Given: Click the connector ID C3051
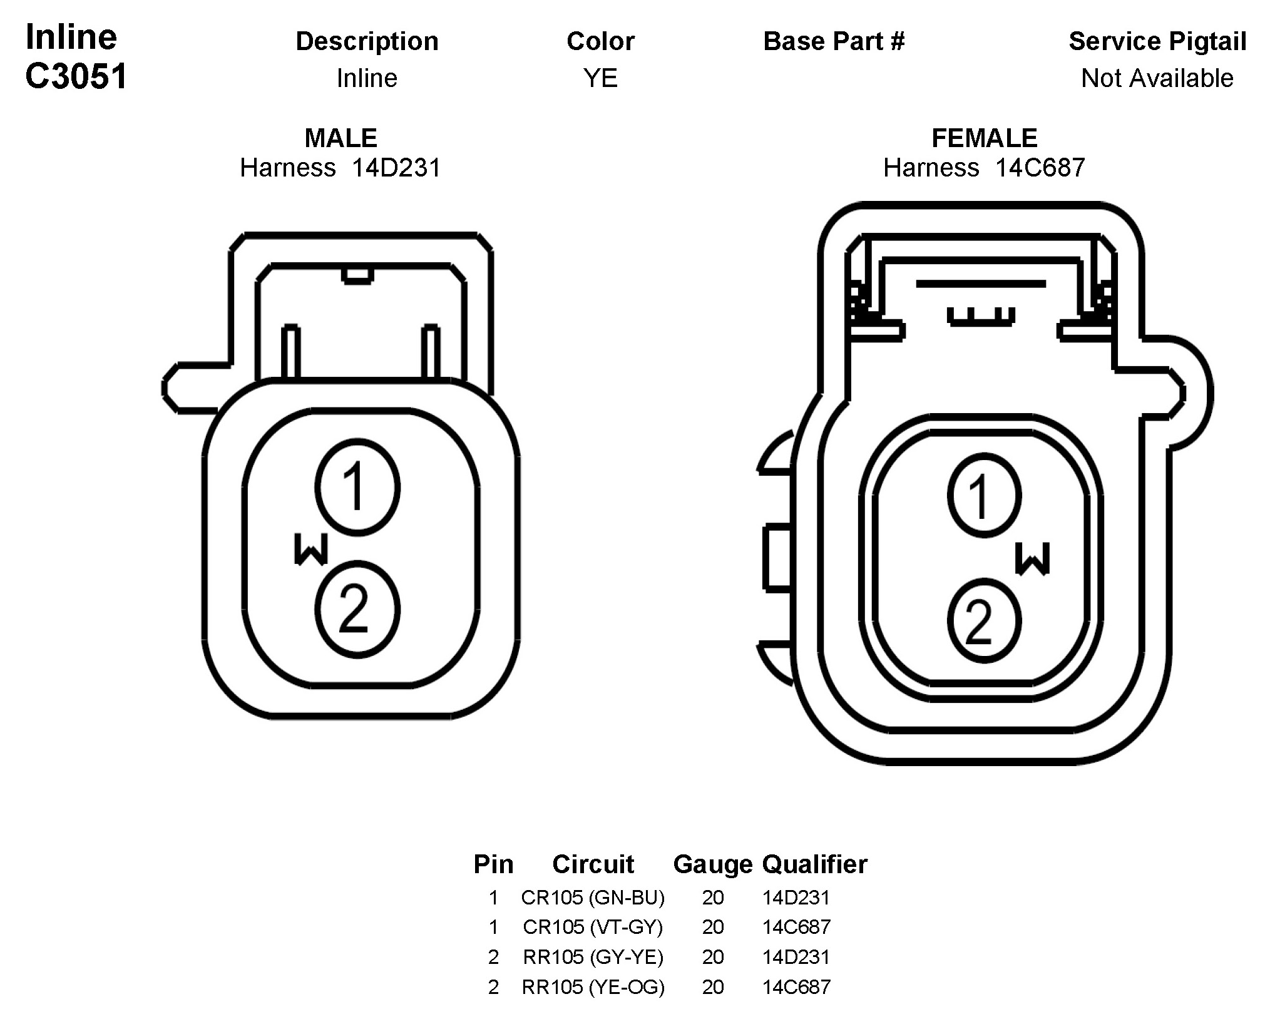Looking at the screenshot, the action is point(76,76).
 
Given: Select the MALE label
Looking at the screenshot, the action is point(341,138).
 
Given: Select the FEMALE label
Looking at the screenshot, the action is point(985,138).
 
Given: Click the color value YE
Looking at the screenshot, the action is point(601,78).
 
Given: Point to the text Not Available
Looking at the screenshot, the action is point(1157,78).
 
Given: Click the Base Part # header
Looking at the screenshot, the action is point(834,41).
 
